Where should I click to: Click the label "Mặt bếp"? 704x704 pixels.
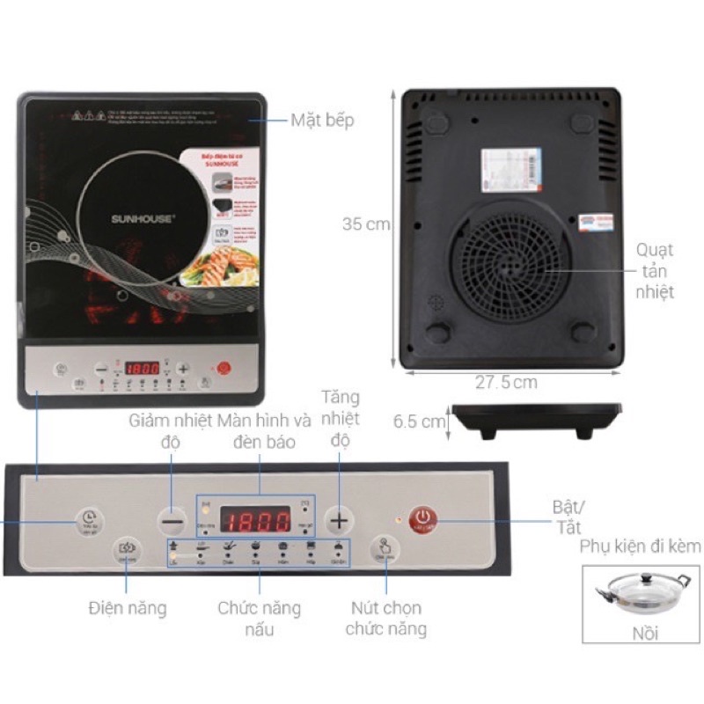click(322, 121)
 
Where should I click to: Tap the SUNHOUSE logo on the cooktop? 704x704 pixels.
click(142, 216)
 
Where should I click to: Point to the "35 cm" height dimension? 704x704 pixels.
click(365, 224)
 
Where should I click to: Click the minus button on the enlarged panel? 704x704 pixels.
click(172, 521)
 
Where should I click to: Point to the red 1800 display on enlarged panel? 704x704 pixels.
click(255, 519)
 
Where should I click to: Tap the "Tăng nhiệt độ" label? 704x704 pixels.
click(341, 418)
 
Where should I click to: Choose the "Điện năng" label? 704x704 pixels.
click(127, 607)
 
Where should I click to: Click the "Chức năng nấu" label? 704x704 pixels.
click(260, 618)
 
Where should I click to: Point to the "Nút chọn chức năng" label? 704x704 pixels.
click(386, 618)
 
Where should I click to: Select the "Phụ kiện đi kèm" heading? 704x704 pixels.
click(641, 546)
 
